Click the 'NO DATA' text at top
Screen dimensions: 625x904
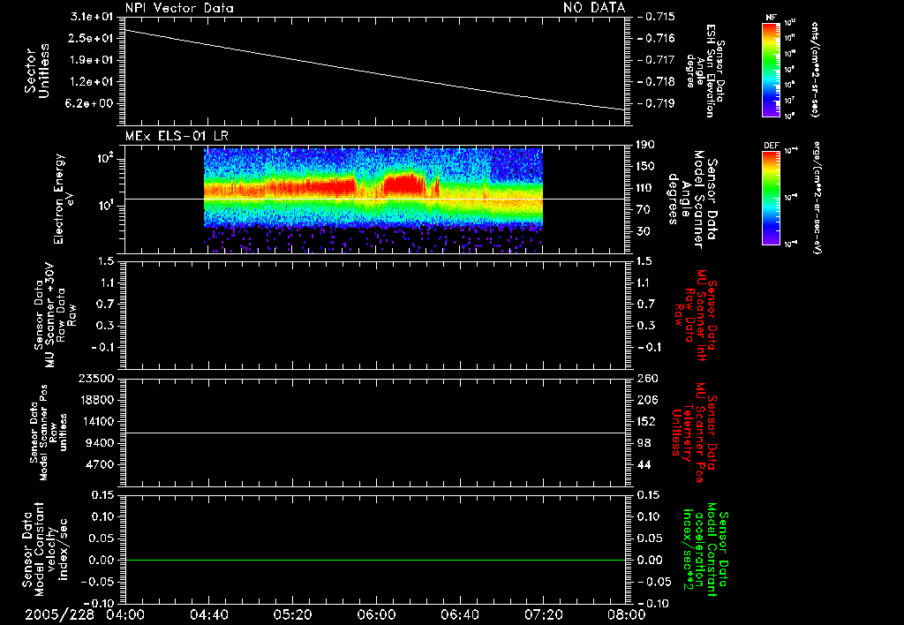[x=594, y=7]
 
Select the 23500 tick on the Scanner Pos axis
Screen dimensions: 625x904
[x=100, y=378]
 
